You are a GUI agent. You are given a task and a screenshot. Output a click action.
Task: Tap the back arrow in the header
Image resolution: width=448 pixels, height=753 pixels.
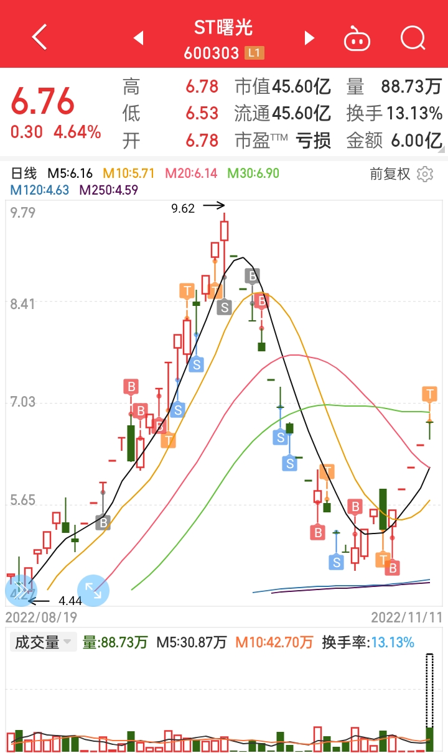(39, 37)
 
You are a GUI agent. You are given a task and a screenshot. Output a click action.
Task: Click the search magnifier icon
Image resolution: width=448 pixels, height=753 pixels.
(413, 38)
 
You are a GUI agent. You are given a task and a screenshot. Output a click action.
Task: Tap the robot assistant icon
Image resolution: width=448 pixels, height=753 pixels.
(357, 39)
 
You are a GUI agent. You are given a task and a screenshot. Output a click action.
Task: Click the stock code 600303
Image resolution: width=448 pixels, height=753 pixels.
(211, 53)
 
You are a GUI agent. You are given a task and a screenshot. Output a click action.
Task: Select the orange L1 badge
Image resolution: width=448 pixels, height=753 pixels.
(254, 53)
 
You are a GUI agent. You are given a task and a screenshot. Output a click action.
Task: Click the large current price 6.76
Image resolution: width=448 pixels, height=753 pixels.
(42, 101)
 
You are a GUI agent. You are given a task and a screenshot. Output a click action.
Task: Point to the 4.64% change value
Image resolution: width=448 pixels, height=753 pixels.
(77, 132)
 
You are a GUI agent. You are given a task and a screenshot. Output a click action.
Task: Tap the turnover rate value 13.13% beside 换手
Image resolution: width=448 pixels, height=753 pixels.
(414, 113)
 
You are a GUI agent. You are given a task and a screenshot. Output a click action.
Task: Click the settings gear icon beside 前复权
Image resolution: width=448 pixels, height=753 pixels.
(425, 174)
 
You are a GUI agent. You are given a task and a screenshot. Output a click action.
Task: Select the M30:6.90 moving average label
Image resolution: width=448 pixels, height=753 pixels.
(253, 173)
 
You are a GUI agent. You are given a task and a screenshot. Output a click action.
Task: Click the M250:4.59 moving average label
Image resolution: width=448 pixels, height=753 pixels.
(109, 190)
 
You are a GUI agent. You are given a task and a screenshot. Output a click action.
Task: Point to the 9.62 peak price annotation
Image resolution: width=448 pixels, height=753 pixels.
(183, 208)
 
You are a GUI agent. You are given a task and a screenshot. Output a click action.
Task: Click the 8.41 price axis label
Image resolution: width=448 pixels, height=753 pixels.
(22, 304)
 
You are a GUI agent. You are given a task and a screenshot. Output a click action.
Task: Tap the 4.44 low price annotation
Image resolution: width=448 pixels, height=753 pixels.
(70, 601)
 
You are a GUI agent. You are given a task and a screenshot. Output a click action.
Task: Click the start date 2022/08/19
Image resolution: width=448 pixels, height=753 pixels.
(41, 617)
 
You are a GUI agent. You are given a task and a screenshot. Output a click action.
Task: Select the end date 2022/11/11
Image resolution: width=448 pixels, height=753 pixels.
(407, 617)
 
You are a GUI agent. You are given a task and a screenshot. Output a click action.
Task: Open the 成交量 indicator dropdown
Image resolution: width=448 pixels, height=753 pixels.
(43, 642)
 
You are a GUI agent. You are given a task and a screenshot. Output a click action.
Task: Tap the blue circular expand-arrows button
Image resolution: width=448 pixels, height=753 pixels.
(93, 591)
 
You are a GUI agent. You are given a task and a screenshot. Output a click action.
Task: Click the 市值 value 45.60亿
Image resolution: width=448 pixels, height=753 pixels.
(301, 86)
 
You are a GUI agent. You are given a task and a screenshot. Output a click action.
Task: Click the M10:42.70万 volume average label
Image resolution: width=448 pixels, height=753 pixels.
(274, 642)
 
